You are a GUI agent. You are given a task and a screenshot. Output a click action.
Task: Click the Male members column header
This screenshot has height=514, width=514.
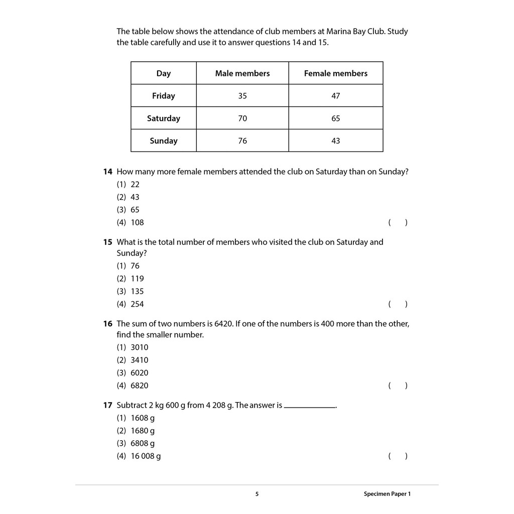click(242, 73)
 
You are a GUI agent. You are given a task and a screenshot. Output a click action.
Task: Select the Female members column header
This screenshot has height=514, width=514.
click(336, 73)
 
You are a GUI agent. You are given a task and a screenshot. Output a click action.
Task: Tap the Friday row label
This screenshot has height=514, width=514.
click(164, 96)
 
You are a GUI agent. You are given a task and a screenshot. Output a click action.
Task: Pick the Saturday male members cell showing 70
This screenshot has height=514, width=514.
click(242, 118)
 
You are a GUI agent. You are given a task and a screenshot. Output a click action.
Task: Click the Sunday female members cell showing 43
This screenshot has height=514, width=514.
click(336, 141)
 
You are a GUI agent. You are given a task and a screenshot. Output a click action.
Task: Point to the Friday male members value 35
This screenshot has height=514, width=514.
click(242, 96)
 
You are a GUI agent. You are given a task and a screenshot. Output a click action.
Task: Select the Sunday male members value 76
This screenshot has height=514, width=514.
click(242, 141)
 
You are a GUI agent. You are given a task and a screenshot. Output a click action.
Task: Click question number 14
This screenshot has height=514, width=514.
click(107, 172)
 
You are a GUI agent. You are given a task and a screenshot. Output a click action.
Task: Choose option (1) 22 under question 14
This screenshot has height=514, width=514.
click(128, 184)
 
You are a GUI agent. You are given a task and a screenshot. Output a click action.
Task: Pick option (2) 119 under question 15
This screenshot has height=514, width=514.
click(131, 279)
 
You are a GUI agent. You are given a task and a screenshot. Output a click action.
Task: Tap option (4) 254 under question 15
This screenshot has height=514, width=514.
click(131, 304)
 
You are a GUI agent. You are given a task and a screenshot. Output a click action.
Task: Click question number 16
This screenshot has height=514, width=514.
click(107, 324)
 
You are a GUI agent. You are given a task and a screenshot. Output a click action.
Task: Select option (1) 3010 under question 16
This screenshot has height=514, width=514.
click(133, 347)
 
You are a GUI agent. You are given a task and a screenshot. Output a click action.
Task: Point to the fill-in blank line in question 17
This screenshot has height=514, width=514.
click(310, 407)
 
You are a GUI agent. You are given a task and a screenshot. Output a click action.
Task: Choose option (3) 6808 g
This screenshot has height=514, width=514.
click(136, 443)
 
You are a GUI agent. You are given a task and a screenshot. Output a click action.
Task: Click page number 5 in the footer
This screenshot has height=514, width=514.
click(257, 494)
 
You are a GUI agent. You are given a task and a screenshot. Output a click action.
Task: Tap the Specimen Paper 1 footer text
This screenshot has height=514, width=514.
click(387, 494)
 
